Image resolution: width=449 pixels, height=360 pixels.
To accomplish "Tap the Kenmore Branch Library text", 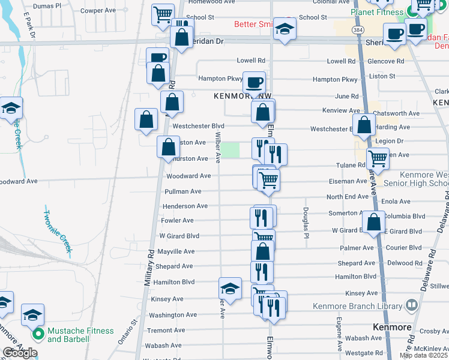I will point(357,306).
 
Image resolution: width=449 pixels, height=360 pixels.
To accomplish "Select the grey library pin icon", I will point(411,305).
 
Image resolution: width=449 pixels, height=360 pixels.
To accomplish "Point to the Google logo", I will point(20,353).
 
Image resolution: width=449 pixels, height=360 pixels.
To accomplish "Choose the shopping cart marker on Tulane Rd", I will point(378,159).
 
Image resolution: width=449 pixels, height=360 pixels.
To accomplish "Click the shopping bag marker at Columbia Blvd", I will point(374,222).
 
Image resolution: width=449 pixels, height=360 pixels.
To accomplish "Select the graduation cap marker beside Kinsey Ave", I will point(230,289).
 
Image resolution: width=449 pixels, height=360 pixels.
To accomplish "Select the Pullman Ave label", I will point(183,191).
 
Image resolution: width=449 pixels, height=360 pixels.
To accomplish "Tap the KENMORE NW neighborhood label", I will point(237,96).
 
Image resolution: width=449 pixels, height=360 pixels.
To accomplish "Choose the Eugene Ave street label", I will point(339,334).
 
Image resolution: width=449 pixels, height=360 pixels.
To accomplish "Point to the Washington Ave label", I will point(173,314).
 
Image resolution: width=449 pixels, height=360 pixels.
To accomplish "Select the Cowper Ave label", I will point(98,10).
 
